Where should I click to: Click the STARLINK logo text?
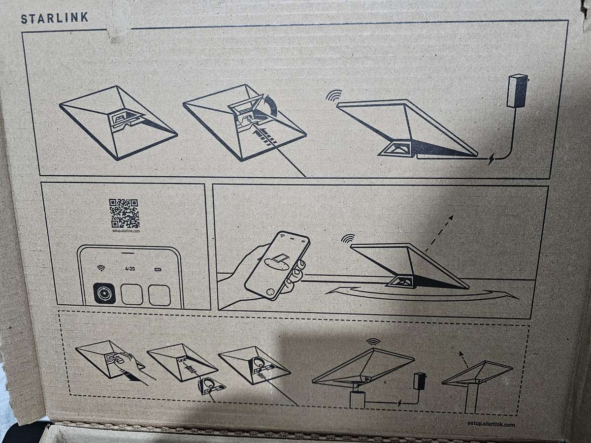pos(54,18)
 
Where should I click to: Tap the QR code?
pos(124,213)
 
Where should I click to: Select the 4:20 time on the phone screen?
pos(130,269)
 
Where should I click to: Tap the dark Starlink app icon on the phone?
pos(104,293)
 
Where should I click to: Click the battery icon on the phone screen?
pos(158,270)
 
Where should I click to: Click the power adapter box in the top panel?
pos(517,91)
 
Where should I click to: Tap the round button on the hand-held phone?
pos(269,293)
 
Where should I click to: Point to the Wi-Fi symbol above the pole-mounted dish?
pos(373,342)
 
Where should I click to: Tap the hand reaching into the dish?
pos(129,362)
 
